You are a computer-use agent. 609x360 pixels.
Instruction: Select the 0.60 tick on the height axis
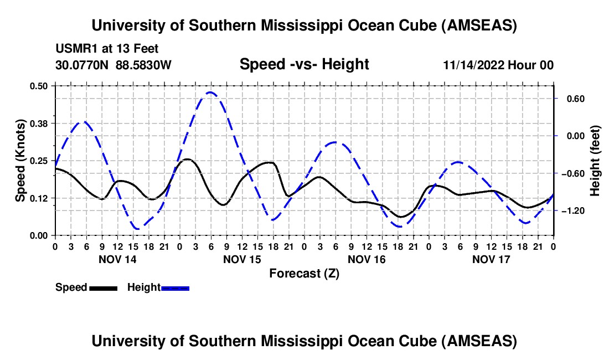(571, 99)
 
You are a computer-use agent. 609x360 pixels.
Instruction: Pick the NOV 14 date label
(117, 259)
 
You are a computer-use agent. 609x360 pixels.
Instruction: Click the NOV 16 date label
(366, 259)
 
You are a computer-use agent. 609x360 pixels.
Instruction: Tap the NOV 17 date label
(491, 259)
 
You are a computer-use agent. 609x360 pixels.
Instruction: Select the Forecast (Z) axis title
(304, 273)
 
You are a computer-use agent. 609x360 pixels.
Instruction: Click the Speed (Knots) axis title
(20, 161)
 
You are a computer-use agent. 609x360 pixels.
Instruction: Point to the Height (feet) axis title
(595, 161)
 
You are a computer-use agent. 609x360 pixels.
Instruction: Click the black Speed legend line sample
(103, 288)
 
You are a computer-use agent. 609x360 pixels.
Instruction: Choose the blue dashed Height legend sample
(175, 288)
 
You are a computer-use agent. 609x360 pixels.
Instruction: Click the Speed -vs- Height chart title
(304, 64)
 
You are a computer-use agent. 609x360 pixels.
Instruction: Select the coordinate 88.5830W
(144, 65)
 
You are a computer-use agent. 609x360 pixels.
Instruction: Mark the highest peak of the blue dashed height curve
(210, 92)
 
